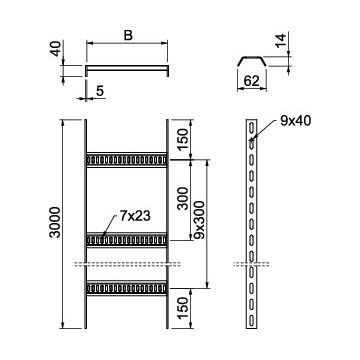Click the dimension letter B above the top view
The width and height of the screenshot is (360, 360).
point(128,35)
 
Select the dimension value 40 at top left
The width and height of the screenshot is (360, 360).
point(56,48)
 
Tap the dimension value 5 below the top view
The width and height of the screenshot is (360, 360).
point(100,91)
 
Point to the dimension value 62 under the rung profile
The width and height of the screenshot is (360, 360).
point(251,81)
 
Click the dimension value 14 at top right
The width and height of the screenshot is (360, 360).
point(281,40)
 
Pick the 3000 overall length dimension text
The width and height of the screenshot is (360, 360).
point(55,222)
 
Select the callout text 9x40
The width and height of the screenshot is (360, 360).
point(296,121)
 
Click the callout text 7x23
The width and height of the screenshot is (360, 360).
point(135,216)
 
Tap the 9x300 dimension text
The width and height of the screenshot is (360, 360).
point(199,220)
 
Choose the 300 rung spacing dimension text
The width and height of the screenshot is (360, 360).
point(183,198)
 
